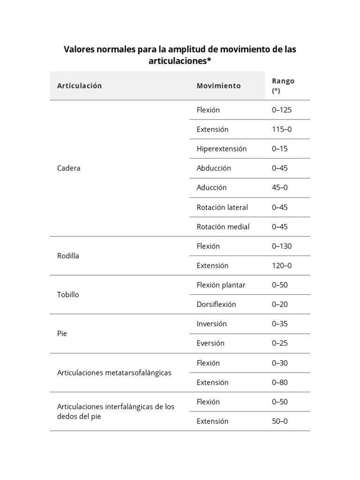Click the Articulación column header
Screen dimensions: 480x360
[x=79, y=86]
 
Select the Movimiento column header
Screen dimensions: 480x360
[x=218, y=86]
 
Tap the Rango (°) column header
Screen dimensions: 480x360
[x=283, y=86]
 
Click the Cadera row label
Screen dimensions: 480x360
[x=68, y=168]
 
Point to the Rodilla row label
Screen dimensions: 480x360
[x=68, y=256]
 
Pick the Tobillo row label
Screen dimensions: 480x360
[x=68, y=295]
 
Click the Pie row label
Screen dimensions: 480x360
[x=62, y=334]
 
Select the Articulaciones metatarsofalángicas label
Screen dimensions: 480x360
[x=114, y=373]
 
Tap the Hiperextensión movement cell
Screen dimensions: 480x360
[x=222, y=149]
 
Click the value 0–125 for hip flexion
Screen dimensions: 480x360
[x=282, y=110]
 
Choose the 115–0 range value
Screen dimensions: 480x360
[x=282, y=129]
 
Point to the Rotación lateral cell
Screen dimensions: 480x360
[x=222, y=207]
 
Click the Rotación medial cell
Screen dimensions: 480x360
[x=223, y=227]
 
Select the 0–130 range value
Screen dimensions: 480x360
[x=282, y=246]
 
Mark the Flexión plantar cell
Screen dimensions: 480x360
[x=221, y=285]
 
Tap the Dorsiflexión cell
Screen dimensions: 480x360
[x=216, y=304]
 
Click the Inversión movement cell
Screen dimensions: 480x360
[x=212, y=324]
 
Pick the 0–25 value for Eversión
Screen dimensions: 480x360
[x=280, y=343]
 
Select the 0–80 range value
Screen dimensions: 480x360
[x=280, y=382]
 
